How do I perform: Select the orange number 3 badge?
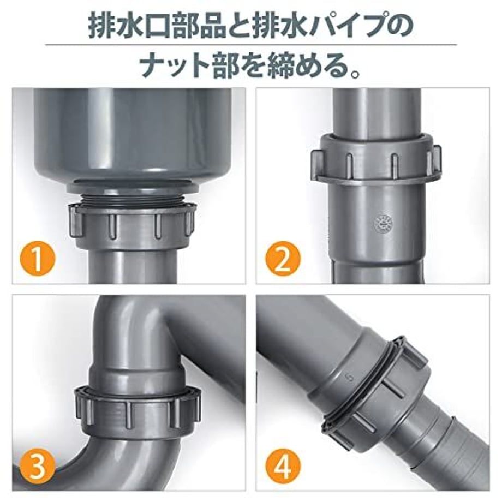click(x=38, y=466)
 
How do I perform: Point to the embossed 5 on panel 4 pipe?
click(x=350, y=379)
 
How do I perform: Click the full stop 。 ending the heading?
click(x=355, y=73)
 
